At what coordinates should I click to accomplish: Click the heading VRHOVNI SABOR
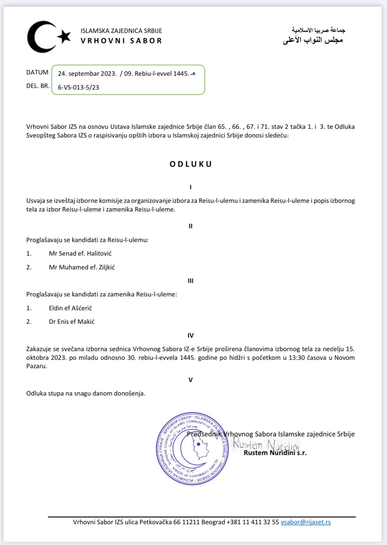coord(121,41)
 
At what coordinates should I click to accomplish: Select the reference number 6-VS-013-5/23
coord(78,87)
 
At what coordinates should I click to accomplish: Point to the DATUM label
coord(37,72)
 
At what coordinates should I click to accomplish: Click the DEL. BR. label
coord(38,86)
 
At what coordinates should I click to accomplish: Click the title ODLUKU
coord(191,164)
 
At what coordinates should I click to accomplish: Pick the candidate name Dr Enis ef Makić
coord(72,322)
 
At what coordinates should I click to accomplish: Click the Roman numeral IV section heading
coord(190,336)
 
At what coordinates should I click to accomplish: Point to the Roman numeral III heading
coord(190,281)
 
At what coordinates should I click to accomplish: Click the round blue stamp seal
coord(192,448)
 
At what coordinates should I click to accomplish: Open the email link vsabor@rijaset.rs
coord(306,522)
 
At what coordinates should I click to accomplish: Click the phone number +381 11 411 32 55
coord(253,522)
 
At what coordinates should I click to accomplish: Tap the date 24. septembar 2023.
coord(87,74)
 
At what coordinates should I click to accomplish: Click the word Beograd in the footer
coord(213,522)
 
